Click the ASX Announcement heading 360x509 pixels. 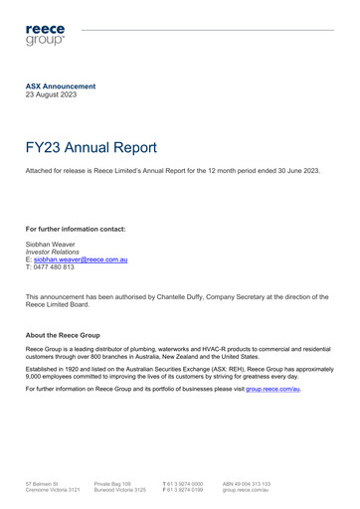click(61, 86)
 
